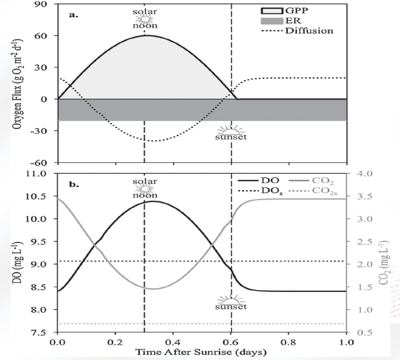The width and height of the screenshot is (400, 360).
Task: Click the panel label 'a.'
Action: (74, 13)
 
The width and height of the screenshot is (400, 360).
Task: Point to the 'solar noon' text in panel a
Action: (145, 18)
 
